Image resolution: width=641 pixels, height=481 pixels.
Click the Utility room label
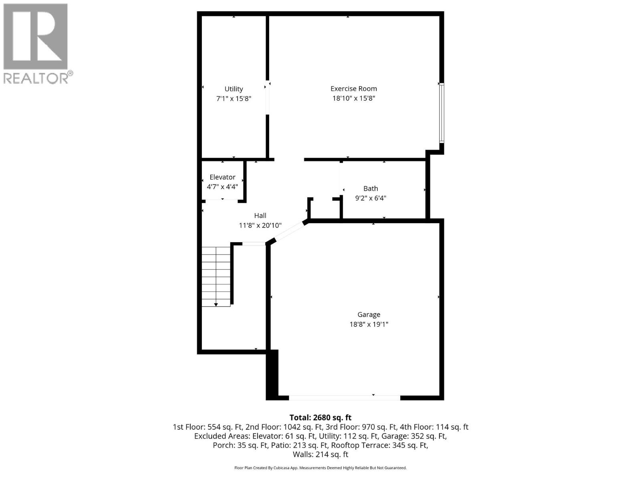[x=234, y=89]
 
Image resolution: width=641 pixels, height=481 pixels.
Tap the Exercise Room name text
[x=353, y=89]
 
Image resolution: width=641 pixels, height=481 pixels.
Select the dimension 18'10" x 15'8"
[x=353, y=98]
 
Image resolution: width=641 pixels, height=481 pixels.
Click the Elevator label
[x=222, y=177]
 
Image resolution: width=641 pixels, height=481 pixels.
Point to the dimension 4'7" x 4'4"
[x=222, y=186]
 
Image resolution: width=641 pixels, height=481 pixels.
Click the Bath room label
[x=371, y=188]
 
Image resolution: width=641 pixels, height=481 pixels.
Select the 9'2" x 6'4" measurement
[x=371, y=198]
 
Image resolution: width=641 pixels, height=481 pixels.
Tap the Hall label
[x=260, y=216]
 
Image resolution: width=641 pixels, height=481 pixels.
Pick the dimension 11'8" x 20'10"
[x=260, y=225]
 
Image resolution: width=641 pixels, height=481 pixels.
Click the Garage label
[x=369, y=315]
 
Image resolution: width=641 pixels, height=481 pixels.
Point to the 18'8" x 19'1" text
[x=369, y=324]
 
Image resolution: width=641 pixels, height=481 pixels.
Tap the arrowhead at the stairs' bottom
[x=216, y=305]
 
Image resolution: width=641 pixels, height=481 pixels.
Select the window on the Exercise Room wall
[x=441, y=113]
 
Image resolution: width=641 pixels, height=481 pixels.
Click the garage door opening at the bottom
[x=345, y=398]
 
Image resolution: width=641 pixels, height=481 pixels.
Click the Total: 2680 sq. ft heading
[x=320, y=418]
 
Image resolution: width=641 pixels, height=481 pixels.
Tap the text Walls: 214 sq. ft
[x=320, y=455]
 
